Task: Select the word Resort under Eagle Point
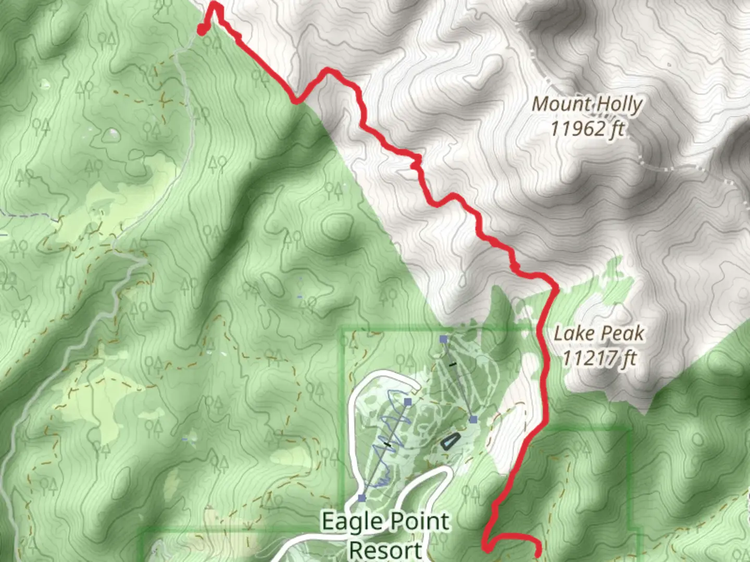385,550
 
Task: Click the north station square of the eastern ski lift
443,339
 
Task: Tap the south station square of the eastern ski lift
473,419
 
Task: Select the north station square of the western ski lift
408,402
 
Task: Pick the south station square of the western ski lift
362,498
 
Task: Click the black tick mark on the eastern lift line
453,364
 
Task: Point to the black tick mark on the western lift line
387,444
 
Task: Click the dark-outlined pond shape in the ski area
450,442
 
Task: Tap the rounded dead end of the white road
415,388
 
